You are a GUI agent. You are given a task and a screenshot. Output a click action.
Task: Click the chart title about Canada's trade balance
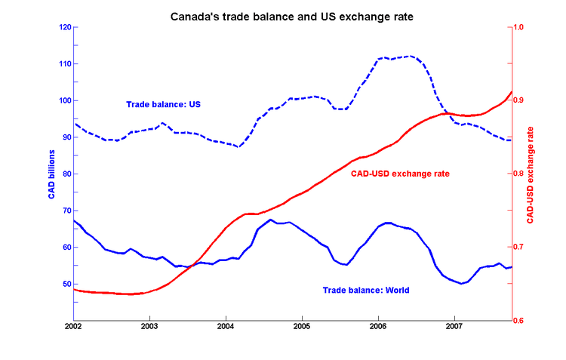pyautogui.click(x=284, y=14)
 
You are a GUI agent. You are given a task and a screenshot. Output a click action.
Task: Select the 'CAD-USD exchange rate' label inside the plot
pyautogui.click(x=401, y=174)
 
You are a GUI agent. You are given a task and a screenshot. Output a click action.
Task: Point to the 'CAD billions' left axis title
pyautogui.click(x=51, y=174)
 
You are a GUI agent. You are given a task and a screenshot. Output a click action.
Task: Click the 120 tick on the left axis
pyautogui.click(x=64, y=27)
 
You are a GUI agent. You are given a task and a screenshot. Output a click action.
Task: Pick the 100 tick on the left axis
pyautogui.click(x=64, y=100)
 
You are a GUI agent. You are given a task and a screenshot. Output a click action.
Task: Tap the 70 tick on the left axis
pyautogui.click(x=66, y=211)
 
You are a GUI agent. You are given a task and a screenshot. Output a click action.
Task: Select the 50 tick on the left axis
pyautogui.click(x=66, y=284)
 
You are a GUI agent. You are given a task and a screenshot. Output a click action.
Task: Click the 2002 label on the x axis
pyautogui.click(x=73, y=327)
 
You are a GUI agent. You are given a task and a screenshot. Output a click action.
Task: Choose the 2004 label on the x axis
pyautogui.click(x=226, y=327)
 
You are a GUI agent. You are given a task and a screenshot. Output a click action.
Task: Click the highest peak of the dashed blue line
pyautogui.click(x=410, y=56)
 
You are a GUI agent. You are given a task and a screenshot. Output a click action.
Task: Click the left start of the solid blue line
pyautogui.click(x=73, y=220)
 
